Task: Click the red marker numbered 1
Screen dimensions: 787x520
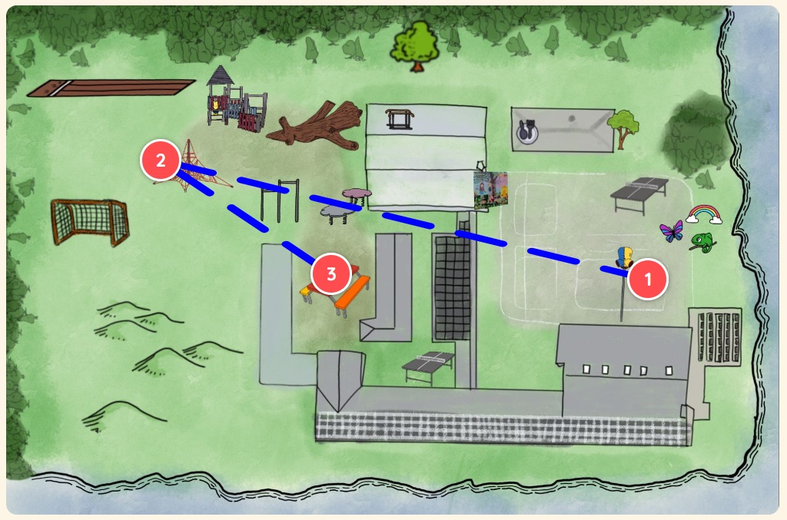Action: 647,279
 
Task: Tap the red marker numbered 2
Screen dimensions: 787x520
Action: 161,160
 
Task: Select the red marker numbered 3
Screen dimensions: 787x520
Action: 330,273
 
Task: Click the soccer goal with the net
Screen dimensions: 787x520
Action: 90,221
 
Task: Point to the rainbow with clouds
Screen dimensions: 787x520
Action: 704,214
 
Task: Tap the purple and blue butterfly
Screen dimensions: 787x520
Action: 672,232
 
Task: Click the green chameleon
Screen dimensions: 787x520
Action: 702,243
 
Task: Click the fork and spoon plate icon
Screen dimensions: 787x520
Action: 527,132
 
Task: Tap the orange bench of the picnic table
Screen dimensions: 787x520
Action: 352,293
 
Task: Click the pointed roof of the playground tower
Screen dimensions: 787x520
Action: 220,76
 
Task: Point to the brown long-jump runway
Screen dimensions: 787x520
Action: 111,88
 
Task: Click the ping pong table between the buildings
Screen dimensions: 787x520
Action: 428,366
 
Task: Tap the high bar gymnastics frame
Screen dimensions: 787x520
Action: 280,200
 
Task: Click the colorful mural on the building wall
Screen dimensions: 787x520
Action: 491,190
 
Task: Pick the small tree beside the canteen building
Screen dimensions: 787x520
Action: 623,128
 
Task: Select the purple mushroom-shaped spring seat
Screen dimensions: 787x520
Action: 357,196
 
